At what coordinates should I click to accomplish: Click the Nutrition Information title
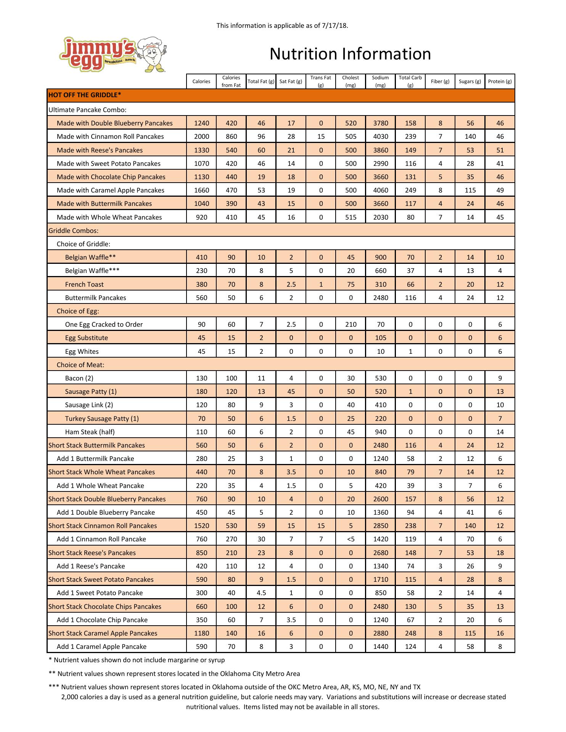coord(350,54)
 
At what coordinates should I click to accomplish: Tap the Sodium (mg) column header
coord(380,81)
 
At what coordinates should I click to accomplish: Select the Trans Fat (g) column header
coord(321,81)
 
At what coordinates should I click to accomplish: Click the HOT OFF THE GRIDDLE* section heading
coord(85,95)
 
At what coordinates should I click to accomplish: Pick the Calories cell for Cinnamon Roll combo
coord(201,136)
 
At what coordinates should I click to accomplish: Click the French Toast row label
coord(84,284)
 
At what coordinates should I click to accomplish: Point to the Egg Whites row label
coord(82,352)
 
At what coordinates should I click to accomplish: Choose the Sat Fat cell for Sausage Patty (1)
coord(291,392)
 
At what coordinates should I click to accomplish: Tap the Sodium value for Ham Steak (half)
coord(380,432)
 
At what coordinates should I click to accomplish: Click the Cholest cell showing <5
coord(351,539)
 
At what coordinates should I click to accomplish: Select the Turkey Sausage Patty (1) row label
coord(102,419)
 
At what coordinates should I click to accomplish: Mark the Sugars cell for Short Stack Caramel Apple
coord(470,633)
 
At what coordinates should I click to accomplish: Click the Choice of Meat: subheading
coord(80,365)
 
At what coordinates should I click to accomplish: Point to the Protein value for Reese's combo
coord(500,150)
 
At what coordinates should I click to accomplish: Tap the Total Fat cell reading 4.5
coord(261,593)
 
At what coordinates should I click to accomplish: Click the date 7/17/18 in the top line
coord(334,26)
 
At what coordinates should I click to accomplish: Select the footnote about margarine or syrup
coord(137,660)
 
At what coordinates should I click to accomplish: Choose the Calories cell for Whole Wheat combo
coord(201,217)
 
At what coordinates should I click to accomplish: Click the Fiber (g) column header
coord(440,81)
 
